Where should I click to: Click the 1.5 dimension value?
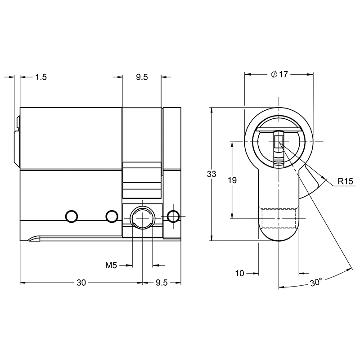(x=41, y=77)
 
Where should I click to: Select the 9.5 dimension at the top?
(x=142, y=77)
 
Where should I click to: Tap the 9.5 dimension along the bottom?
(x=162, y=283)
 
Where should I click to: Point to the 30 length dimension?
(x=81, y=283)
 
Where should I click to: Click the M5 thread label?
(x=111, y=265)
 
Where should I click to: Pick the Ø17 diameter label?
(x=279, y=74)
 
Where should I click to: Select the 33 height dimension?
(x=211, y=174)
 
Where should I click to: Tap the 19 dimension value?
(x=232, y=180)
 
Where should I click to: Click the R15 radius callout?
(x=345, y=181)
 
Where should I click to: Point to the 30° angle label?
(x=316, y=282)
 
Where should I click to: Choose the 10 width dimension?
(x=239, y=274)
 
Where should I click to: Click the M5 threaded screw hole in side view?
(x=143, y=217)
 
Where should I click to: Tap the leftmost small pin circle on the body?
(x=72, y=216)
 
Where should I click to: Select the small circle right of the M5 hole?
(x=173, y=216)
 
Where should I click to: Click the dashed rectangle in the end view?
(x=279, y=218)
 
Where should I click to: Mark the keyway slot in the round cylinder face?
(x=279, y=148)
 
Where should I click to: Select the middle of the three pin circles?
(x=112, y=216)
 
